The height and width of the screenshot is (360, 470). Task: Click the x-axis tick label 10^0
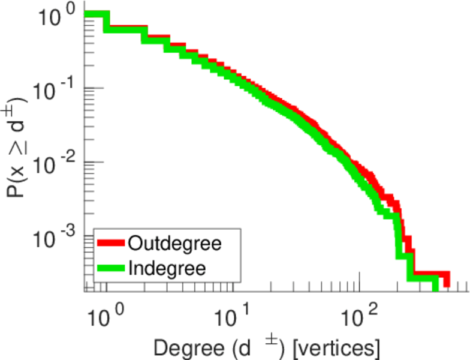tap(107, 313)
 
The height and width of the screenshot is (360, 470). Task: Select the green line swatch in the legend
tap(112, 268)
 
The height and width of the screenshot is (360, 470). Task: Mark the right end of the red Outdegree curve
tap(445, 280)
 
